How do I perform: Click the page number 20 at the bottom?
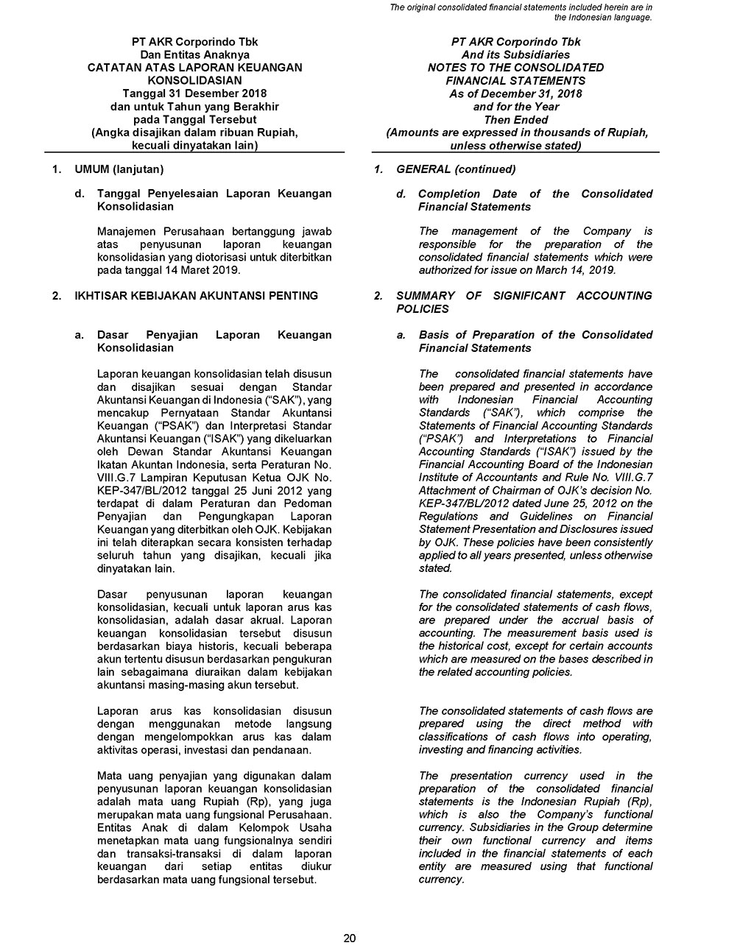tap(350, 938)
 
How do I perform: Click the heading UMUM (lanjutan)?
tap(119, 169)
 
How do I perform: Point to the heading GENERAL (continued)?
tap(456, 169)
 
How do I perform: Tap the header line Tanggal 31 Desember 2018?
tap(195, 93)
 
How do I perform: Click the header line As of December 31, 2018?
tap(515, 93)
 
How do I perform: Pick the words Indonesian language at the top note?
tap(608, 17)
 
